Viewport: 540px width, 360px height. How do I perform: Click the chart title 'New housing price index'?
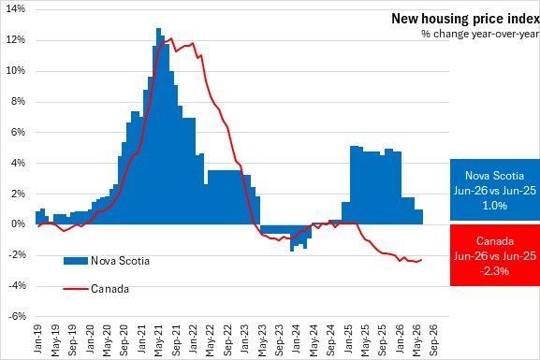pos(465,19)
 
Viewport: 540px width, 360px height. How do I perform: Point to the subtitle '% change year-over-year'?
pos(480,34)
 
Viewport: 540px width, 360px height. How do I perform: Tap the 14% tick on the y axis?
pos(16,8)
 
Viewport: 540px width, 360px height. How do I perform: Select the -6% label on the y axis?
pos(17,316)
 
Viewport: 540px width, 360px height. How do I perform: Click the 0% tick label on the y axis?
pos(19,224)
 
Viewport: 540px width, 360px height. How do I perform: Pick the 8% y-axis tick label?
pos(19,101)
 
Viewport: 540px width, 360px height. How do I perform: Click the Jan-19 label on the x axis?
pos(37,338)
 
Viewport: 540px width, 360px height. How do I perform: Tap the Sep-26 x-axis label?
pos(434,339)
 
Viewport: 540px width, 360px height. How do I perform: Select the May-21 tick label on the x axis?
pos(158,340)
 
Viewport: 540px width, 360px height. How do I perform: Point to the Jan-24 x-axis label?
pos(296,338)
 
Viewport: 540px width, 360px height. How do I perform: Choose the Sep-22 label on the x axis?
pos(227,339)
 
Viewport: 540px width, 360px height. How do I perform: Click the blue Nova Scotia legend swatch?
pos(76,261)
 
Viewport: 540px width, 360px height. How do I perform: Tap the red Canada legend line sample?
pos(76,289)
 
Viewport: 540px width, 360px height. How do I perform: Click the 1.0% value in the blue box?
pos(494,206)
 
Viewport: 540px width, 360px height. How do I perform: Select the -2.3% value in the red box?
pos(494,271)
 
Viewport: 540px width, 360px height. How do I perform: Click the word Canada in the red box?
pos(495,241)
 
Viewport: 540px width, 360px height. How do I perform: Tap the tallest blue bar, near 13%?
pos(158,126)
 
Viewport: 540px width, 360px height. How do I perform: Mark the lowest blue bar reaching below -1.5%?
pos(292,238)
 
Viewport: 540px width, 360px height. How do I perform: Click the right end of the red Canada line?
pos(421,260)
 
